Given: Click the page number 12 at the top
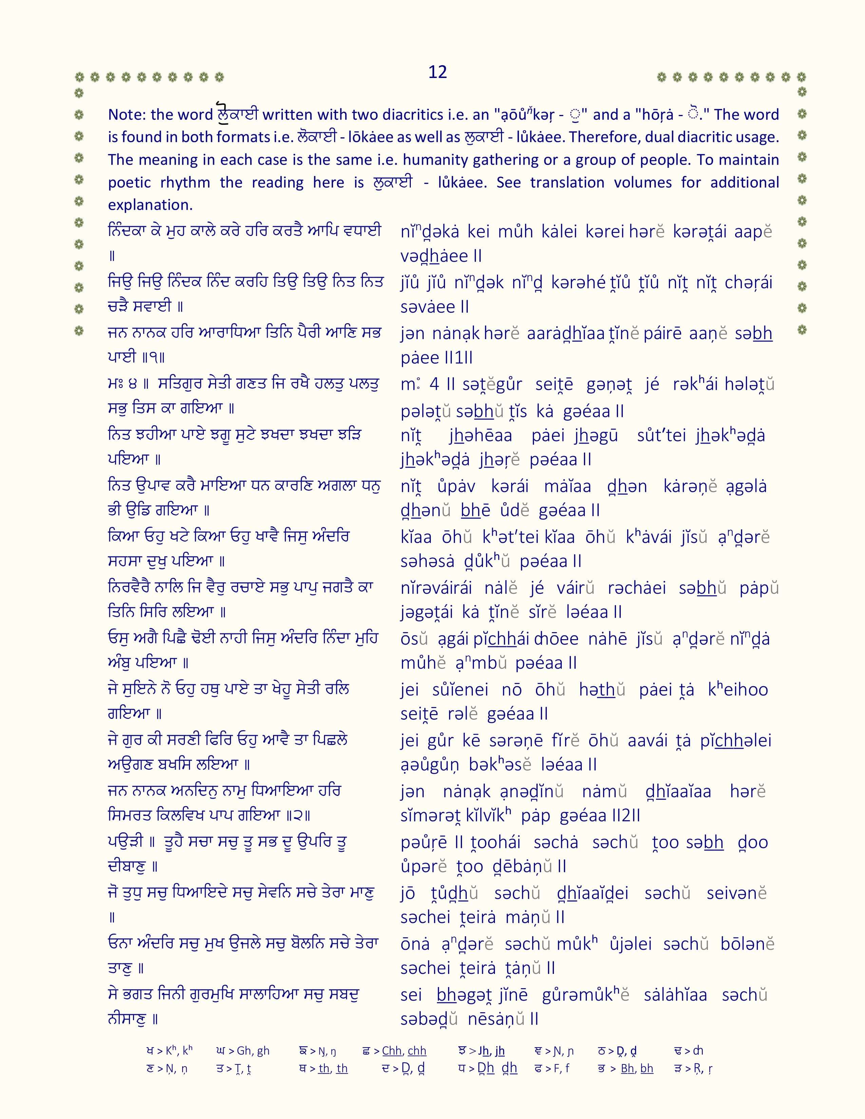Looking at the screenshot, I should tap(437, 72).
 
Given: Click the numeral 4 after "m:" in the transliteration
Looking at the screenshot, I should tap(434, 384).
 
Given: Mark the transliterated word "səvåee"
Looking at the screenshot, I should tap(428, 307).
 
